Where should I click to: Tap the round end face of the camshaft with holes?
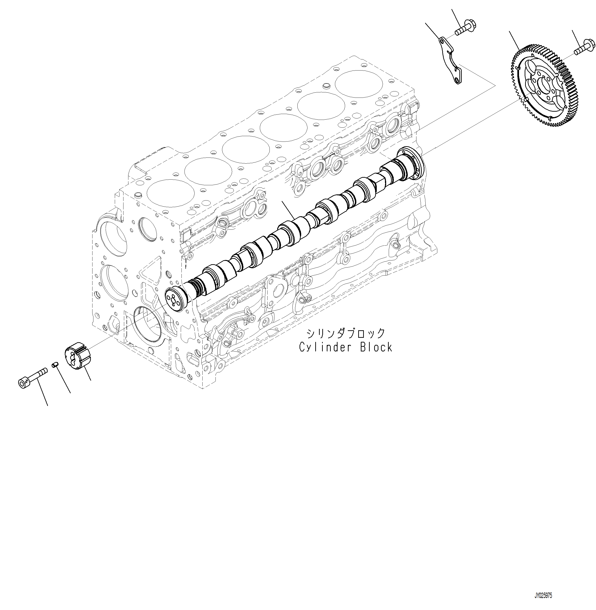point(173,299)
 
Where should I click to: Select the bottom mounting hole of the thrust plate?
point(458,81)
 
